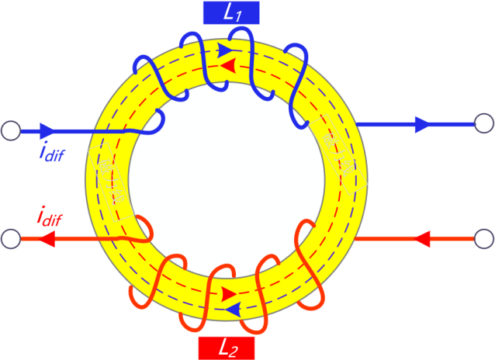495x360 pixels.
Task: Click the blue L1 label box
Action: (x=230, y=12)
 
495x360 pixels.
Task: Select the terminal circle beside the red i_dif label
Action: (x=11, y=239)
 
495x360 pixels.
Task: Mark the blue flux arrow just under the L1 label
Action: (x=226, y=51)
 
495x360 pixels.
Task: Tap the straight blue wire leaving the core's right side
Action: (x=388, y=123)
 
